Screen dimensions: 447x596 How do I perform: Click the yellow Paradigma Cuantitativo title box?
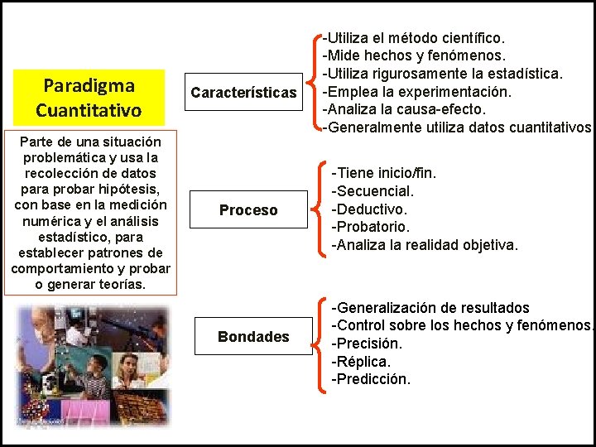pos(89,97)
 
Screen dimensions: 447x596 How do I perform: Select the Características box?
pos(243,92)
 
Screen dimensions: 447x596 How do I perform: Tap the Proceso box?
pos(248,210)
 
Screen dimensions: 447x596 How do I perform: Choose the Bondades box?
pos(253,336)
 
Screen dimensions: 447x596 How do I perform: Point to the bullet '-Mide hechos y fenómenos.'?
pos(413,56)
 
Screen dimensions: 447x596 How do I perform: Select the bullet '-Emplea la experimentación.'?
pos(416,91)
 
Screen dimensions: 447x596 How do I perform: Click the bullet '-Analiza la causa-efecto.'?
pos(404,109)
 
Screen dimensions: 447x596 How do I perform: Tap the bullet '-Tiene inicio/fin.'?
pos(383,173)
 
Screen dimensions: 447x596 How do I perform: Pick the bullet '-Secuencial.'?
pos(373,191)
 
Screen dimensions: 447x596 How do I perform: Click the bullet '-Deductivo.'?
pos(370,209)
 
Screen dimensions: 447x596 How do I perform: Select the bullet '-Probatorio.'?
pos(371,227)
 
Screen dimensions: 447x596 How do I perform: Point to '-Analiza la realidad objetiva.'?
pos(425,245)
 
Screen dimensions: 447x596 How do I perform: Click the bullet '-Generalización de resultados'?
pos(430,308)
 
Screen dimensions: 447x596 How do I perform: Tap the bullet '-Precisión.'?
pos(367,344)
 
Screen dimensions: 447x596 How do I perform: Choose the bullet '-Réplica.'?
pos(362,362)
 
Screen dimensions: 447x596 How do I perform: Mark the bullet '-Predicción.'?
pos(371,380)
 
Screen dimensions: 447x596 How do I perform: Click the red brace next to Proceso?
pos(321,209)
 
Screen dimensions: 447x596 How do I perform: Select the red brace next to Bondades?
pos(321,343)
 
